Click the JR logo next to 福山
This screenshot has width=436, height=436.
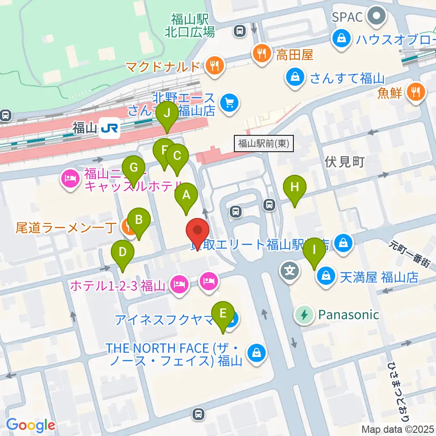pos(110,129)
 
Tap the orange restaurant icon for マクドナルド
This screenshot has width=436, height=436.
pos(215,66)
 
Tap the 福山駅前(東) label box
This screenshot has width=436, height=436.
pos(264,144)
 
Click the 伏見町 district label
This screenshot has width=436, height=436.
pos(345,162)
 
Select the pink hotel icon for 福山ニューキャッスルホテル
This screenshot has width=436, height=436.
pos(69,179)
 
